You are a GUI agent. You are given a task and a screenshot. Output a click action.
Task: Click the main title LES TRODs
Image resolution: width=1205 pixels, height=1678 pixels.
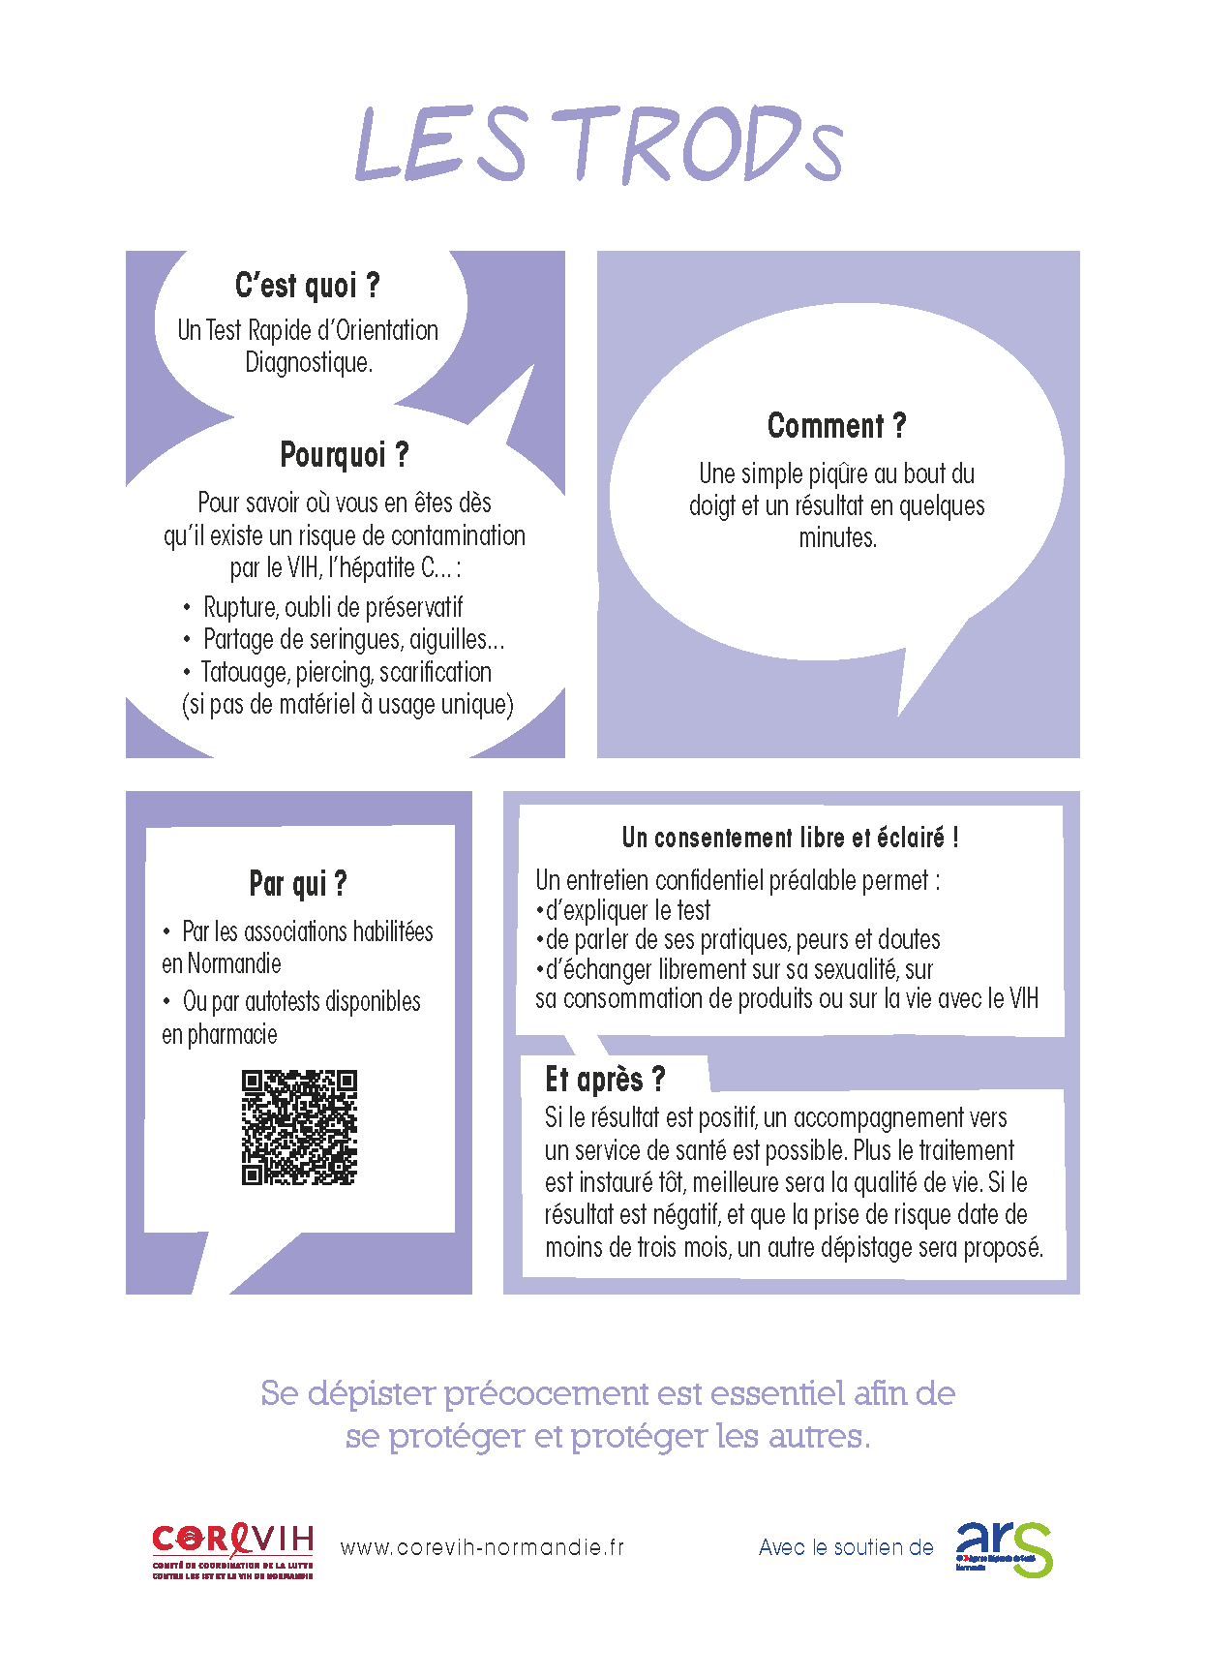click(600, 145)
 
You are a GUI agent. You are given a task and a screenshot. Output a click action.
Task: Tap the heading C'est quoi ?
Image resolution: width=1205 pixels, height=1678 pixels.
click(308, 286)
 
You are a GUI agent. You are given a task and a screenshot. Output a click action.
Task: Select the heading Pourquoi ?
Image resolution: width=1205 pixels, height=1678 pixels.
click(345, 454)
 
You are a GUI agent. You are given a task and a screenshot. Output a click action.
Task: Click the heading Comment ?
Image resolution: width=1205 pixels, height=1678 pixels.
click(836, 425)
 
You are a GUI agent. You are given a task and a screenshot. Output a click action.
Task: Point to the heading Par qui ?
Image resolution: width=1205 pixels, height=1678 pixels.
click(298, 883)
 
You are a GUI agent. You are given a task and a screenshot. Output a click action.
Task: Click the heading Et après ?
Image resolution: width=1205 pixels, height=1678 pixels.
click(605, 1079)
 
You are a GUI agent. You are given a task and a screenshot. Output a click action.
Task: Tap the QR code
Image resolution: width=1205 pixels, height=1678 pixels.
click(299, 1127)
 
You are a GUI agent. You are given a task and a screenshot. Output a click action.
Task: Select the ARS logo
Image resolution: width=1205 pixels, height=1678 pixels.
click(1004, 1548)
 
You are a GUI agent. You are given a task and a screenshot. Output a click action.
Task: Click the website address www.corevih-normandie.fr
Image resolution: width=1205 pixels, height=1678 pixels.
click(482, 1547)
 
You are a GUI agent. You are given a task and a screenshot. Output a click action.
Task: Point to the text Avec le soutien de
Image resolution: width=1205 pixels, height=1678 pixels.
click(846, 1547)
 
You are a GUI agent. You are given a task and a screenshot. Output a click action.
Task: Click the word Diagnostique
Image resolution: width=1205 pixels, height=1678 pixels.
click(309, 363)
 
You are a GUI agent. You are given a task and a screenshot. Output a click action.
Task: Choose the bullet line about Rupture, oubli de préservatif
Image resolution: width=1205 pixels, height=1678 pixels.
click(333, 607)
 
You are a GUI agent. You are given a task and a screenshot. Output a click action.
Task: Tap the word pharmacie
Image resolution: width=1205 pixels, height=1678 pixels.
click(233, 1035)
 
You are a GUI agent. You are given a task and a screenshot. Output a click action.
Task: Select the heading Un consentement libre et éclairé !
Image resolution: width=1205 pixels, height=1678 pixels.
click(790, 838)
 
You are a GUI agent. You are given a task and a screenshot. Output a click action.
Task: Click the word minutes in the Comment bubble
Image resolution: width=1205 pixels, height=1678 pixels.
click(837, 538)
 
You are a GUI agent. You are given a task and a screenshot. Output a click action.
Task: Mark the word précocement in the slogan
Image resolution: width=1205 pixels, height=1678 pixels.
click(546, 1394)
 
